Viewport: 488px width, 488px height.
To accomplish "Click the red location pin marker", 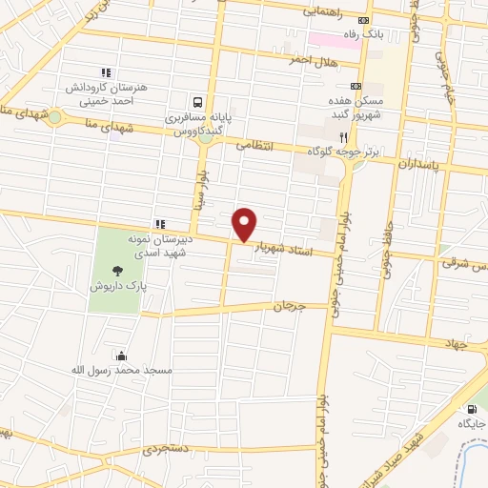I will [245, 224].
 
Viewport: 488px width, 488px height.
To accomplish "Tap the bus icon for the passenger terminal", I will [197, 103].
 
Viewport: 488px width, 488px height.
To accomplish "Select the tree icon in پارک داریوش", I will [117, 271].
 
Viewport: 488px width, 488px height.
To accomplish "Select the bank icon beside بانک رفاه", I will [363, 21].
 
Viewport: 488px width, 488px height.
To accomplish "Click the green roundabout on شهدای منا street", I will [55, 118].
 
